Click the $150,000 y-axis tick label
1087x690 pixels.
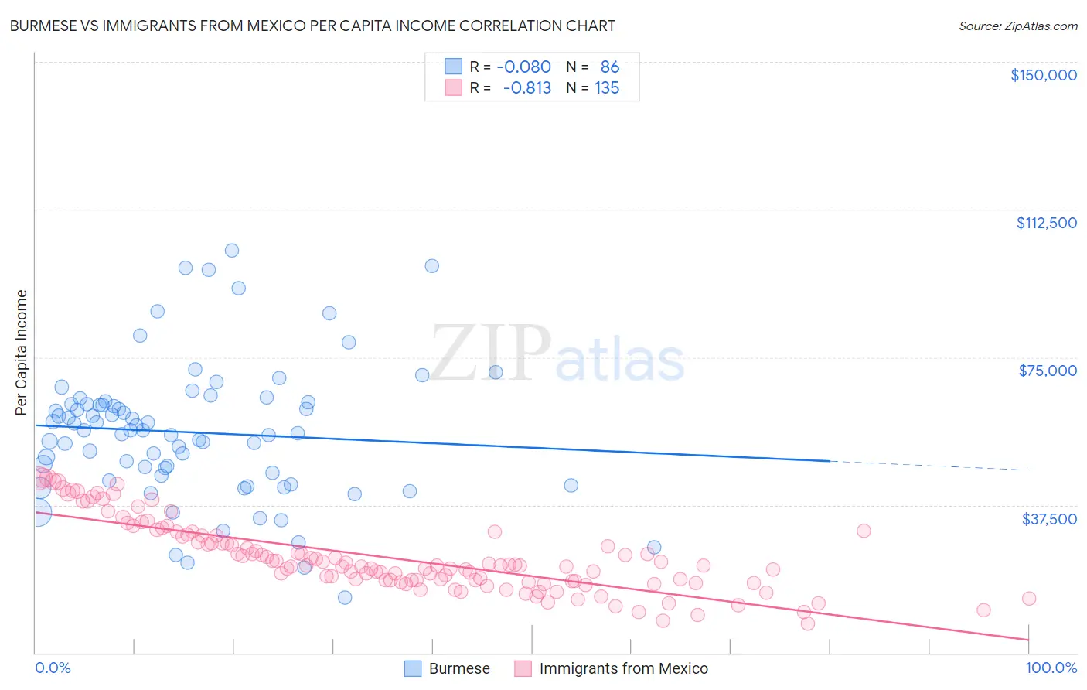1043,75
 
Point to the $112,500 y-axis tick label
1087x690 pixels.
1046,223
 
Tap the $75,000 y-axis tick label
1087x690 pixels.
1048,371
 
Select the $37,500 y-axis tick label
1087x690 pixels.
1049,519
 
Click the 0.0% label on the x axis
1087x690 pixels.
53,668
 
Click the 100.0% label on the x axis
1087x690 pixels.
1051,668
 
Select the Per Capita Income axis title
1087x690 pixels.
22,353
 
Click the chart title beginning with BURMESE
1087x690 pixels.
312,26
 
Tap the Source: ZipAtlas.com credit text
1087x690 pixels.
1017,26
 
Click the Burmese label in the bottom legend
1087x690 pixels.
459,668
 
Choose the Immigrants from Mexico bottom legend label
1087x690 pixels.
623,668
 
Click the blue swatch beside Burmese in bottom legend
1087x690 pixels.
414,668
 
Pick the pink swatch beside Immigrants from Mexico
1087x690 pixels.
523,668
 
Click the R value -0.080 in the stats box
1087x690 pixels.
523,67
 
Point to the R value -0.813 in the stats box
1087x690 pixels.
526,88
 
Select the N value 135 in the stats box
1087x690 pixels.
606,88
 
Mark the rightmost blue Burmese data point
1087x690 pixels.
654,548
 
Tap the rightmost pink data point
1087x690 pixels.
1029,598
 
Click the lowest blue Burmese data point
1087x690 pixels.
345,597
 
